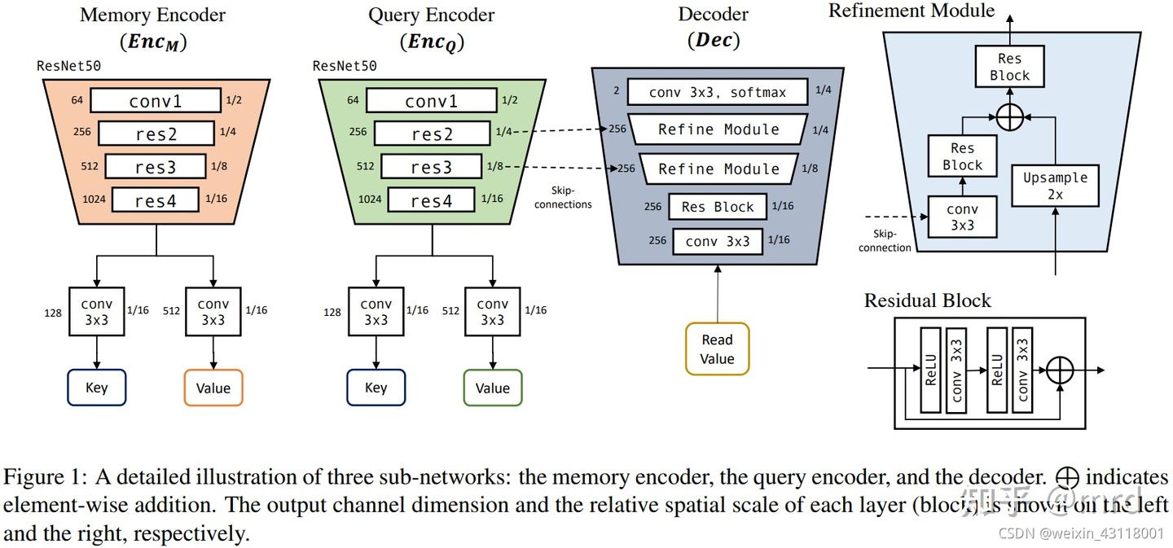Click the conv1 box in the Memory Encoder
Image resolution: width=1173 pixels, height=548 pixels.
[156, 101]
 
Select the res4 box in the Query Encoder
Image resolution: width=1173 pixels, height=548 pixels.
[431, 199]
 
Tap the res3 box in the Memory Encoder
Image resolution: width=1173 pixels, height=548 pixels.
[156, 167]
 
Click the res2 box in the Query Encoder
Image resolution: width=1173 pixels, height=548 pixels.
[432, 134]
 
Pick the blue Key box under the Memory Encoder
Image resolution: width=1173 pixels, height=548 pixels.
[96, 388]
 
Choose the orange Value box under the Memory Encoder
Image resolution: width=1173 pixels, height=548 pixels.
[213, 388]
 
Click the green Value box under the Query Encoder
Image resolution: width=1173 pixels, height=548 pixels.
[492, 388]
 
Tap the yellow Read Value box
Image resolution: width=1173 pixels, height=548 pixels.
[717, 349]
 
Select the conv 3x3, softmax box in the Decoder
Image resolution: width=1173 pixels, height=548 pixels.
[718, 92]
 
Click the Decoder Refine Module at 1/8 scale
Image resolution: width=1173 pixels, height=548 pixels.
[718, 169]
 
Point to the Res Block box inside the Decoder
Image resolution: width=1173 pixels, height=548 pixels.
[718, 207]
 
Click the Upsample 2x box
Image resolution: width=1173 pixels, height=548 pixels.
[1055, 186]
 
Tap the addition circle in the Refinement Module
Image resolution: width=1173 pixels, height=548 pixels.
[1009, 117]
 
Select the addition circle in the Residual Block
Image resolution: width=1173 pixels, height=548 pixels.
[1060, 370]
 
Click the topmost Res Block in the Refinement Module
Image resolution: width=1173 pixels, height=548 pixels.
[1009, 67]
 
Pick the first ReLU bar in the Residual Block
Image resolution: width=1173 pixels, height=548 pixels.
[930, 370]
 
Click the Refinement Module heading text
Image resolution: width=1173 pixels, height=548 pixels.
[911, 11]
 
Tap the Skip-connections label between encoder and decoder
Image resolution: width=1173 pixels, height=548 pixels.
[563, 198]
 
